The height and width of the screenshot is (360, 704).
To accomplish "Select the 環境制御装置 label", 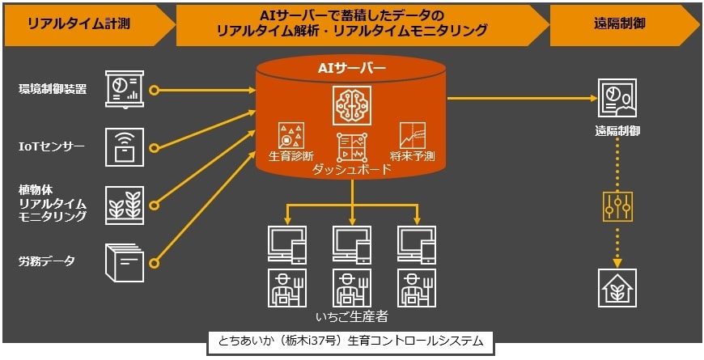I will (x=53, y=88).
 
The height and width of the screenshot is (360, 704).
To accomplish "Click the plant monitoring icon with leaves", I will (x=124, y=203).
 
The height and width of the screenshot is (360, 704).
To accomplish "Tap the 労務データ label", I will (x=47, y=260).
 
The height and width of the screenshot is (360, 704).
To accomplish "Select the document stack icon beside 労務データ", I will (x=124, y=260).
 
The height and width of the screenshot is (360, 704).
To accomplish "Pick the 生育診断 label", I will (x=291, y=154).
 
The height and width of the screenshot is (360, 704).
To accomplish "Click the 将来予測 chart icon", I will (x=413, y=134).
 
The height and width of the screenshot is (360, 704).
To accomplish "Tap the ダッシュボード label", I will (x=351, y=170).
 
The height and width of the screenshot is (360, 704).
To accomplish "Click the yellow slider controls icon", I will (x=617, y=206).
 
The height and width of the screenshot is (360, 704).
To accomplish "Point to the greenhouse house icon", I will (x=617, y=288).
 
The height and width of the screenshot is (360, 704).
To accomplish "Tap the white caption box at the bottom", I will (x=350, y=341).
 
